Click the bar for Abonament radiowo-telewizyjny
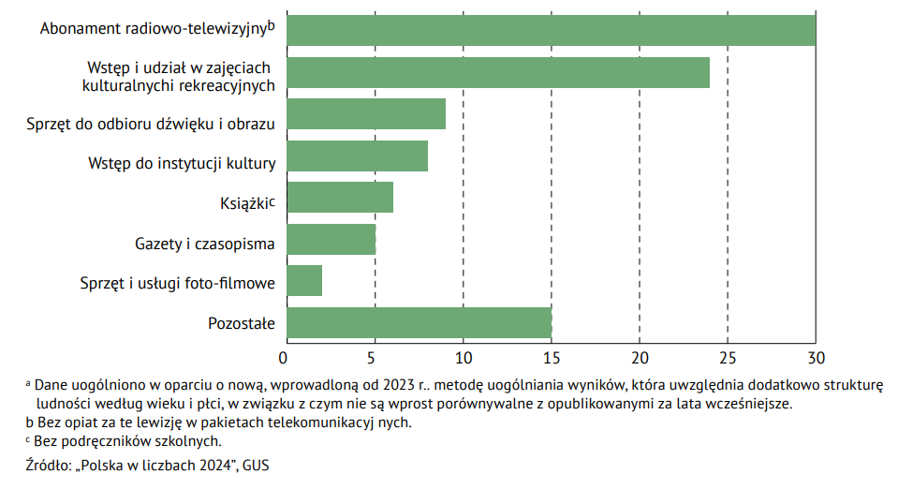point(551,31)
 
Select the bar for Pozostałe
point(419,323)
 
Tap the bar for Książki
point(340,198)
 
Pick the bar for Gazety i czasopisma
point(331,240)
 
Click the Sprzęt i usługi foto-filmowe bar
point(304,281)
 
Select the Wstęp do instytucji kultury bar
point(357,156)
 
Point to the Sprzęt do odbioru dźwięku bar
point(366,114)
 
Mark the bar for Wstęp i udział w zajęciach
point(497,72)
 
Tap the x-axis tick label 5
point(374,357)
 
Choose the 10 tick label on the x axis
point(463,357)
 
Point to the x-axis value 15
point(552,357)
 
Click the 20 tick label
point(640,357)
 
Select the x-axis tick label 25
point(728,357)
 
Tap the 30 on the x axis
point(816,357)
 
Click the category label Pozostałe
point(242,324)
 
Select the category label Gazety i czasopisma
point(205,245)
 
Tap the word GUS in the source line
point(255,465)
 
